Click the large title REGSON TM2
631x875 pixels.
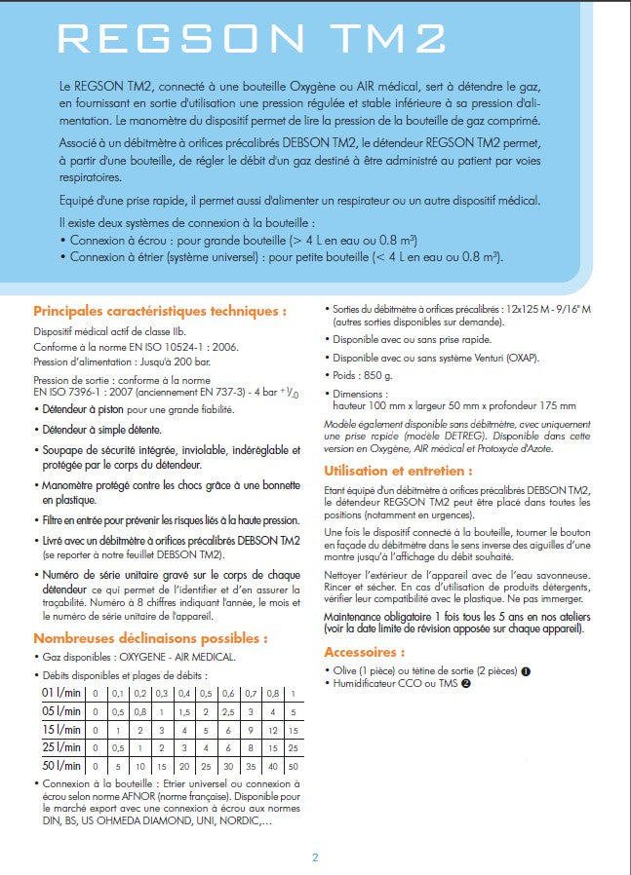coord(252,38)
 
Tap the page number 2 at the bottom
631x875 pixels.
coord(315,857)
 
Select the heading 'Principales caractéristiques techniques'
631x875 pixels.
coord(160,312)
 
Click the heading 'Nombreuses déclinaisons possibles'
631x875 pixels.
coord(150,638)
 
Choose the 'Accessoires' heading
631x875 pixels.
coord(364,652)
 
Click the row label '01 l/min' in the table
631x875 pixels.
coord(59,693)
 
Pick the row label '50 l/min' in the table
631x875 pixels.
coord(59,766)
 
